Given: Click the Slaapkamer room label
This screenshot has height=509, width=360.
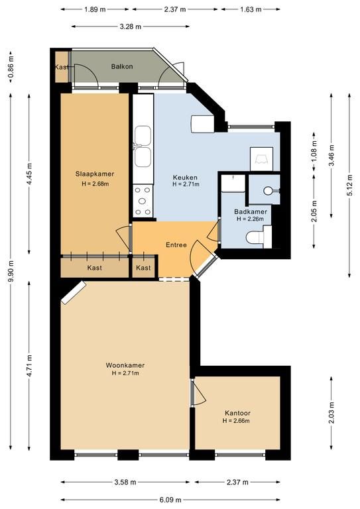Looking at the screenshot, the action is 95,174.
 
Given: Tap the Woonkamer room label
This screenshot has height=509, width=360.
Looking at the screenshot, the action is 125,365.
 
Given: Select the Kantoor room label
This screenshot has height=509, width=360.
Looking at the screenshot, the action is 237,414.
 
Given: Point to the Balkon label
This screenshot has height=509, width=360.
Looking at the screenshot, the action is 122,66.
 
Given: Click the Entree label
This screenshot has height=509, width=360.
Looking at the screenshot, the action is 176,245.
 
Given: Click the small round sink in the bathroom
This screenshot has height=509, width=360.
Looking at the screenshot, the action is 268,191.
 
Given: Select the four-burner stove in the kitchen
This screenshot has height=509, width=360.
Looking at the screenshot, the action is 143,201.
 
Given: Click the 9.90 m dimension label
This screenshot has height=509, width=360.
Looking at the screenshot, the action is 11,271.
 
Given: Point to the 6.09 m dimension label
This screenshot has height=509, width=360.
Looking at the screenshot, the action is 171,500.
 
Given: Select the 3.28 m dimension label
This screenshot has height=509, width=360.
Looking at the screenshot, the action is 131,27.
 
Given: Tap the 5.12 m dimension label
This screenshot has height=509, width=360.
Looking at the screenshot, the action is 349,186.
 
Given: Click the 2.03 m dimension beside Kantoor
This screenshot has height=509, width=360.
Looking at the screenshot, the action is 331,413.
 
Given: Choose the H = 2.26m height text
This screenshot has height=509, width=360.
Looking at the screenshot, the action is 251,219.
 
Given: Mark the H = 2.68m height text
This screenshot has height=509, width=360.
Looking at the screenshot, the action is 95,184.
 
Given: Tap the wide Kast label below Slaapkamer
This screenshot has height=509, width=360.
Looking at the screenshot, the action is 94,268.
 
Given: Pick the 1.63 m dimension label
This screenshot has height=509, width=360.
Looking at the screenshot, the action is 251,9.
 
